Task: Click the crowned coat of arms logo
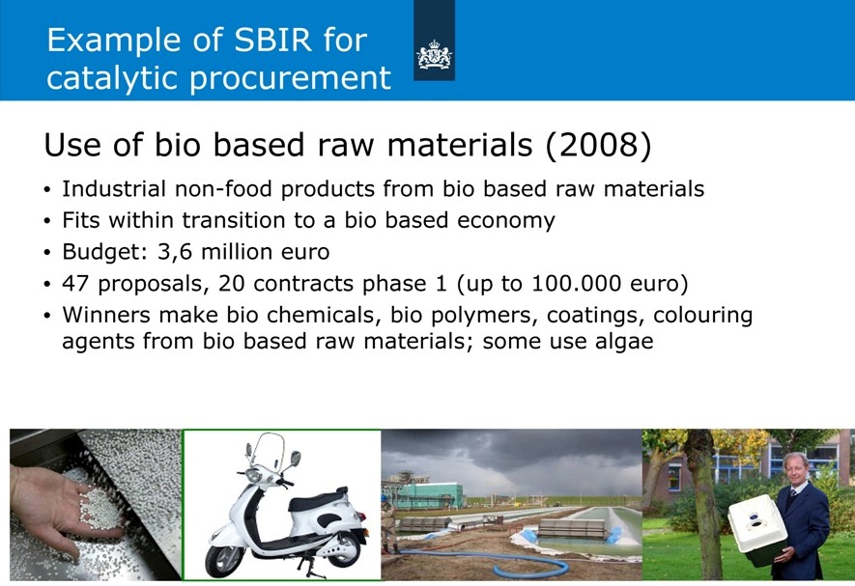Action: (x=434, y=54)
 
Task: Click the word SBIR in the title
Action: (x=272, y=40)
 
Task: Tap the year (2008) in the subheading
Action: (x=598, y=145)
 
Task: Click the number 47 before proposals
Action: (x=75, y=284)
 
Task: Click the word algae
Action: (x=624, y=342)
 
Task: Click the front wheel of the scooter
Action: (x=223, y=560)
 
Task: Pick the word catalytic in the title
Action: (x=113, y=78)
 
